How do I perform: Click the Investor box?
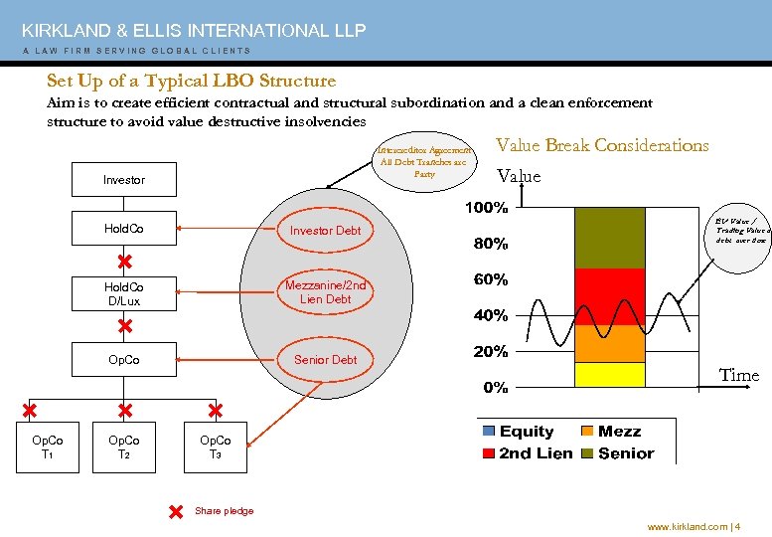pyautogui.click(x=124, y=180)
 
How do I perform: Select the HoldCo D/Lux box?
pyautogui.click(x=124, y=292)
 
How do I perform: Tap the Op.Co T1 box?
pyautogui.click(x=47, y=447)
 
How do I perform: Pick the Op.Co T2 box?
pyautogui.click(x=124, y=447)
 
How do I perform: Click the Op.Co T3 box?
pyautogui.click(x=215, y=447)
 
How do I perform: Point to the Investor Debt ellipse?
pyautogui.click(x=325, y=231)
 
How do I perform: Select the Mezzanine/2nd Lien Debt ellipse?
pyautogui.click(x=325, y=292)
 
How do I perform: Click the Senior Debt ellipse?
pyautogui.click(x=325, y=359)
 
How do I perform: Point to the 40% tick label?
pyautogui.click(x=491, y=315)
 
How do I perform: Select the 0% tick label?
pyautogui.click(x=495, y=387)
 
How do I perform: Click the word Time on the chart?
pyautogui.click(x=738, y=375)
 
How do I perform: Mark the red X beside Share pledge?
pyautogui.click(x=176, y=511)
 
